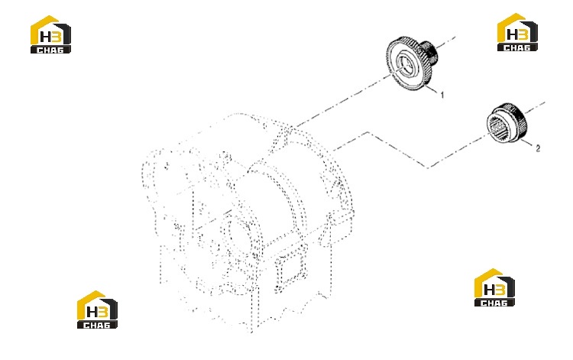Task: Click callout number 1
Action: [442, 95]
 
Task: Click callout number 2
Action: [538, 148]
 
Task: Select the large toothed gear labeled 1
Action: [411, 63]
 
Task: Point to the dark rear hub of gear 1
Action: [430, 52]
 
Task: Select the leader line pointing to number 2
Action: [527, 143]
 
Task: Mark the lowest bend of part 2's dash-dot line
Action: [429, 167]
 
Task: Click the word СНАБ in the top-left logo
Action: [50, 50]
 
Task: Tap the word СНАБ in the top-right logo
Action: [517, 47]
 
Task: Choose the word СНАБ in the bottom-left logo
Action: [97, 325]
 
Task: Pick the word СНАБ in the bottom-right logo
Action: [494, 303]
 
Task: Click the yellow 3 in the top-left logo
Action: [57, 37]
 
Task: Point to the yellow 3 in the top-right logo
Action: [523, 34]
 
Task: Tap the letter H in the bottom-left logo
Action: [91, 312]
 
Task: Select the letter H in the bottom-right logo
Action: [489, 290]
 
